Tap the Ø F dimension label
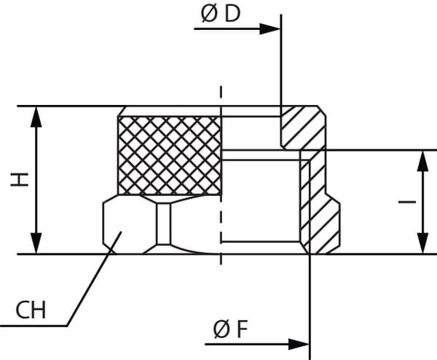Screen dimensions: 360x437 [231, 329]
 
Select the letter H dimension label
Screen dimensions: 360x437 [20, 179]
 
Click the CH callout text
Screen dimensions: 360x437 [31, 311]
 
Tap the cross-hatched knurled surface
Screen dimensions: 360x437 [169, 155]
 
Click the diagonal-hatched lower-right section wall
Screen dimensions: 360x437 [323, 219]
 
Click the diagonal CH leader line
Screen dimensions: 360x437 [91, 284]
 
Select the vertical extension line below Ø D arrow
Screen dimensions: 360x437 [281, 73]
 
